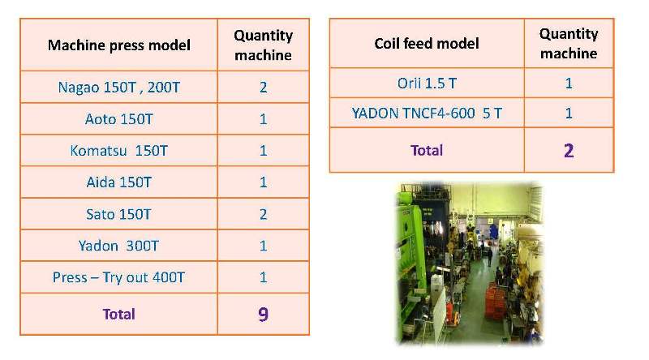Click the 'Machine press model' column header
119,45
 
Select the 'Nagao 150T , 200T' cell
119,88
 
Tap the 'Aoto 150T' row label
119,119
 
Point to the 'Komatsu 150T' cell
119,151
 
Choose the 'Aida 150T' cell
119,182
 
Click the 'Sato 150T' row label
118,214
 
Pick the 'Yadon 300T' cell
118,246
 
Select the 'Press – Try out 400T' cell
118,277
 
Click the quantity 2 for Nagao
263,88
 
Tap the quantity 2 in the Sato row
263,214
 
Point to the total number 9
263,315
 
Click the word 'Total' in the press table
118,314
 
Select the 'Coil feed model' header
427,44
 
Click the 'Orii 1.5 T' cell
427,84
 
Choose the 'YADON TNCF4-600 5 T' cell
427,113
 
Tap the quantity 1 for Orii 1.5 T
569,84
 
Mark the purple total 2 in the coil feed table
569,151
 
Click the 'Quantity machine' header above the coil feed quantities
569,44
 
